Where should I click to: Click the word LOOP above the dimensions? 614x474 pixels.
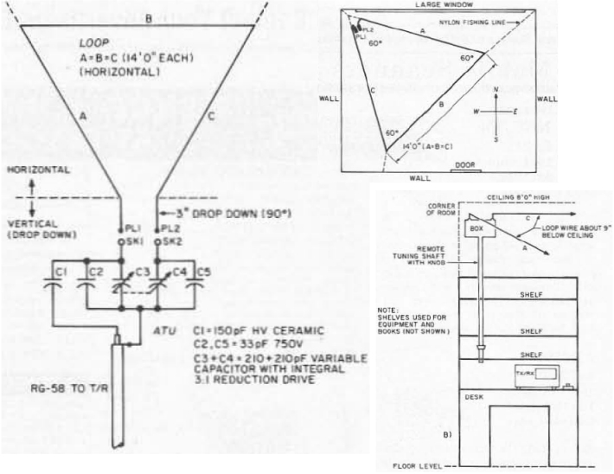click(x=94, y=42)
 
